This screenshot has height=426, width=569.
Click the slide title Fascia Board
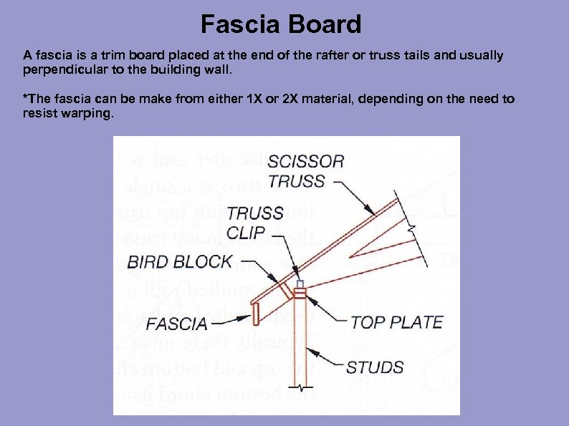click(281, 25)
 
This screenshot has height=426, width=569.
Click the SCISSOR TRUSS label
click(307, 171)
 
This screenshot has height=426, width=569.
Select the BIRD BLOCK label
click(180, 261)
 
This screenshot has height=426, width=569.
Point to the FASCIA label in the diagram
click(176, 324)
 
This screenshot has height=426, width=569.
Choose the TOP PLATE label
click(397, 323)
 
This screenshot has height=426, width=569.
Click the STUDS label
click(375, 368)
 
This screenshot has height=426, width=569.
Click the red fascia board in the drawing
click(254, 313)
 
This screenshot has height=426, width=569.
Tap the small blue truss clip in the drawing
click(300, 284)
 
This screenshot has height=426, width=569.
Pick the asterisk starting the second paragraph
click(26, 98)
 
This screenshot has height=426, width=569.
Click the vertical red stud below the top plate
click(300, 344)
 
